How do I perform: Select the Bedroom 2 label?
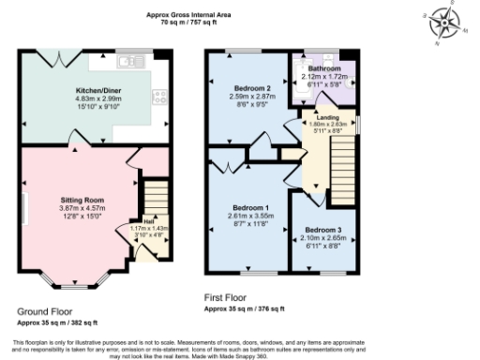[249, 87]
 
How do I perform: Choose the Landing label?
[328, 116]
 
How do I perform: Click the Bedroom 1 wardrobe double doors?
[228, 169]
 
